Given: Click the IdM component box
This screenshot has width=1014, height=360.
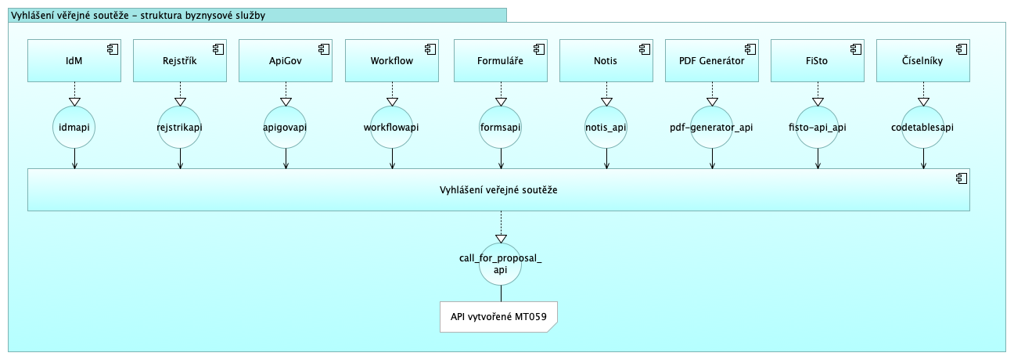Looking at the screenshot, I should [x=74, y=61].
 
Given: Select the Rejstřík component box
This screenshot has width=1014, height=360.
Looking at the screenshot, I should [x=181, y=61].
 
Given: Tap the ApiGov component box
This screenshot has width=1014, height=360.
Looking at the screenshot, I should [x=286, y=61].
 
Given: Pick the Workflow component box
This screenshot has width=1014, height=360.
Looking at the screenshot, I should [x=392, y=61].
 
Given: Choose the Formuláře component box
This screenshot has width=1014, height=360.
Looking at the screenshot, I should [x=500, y=61].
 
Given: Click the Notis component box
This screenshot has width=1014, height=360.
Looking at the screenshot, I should [x=606, y=61].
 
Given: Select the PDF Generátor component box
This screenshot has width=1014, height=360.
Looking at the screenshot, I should [x=712, y=61].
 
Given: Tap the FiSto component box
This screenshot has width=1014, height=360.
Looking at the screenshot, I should [x=818, y=61].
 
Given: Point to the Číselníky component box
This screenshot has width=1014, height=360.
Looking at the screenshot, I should [x=923, y=61].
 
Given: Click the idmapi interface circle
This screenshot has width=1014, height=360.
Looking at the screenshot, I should [x=74, y=126].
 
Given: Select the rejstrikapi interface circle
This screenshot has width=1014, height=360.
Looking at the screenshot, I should [x=181, y=126].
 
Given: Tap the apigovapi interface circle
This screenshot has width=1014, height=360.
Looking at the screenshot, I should [x=286, y=126].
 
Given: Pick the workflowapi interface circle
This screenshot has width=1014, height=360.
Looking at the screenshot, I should [x=392, y=126].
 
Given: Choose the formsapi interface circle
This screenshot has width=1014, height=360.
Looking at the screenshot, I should [x=500, y=126].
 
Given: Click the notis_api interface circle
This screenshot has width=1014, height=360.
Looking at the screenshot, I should [x=606, y=126].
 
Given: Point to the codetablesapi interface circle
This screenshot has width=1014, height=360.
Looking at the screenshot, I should [x=923, y=126].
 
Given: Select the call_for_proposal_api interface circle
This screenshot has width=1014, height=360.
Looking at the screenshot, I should [x=501, y=263].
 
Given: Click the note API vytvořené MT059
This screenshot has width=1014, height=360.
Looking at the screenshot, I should [x=498, y=317].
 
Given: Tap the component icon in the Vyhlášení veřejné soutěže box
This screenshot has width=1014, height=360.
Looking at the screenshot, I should [x=961, y=178].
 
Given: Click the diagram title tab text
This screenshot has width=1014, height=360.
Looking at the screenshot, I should [x=138, y=14].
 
